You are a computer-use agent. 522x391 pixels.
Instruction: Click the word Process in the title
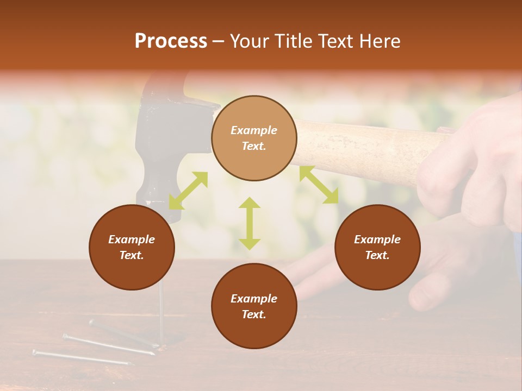171,41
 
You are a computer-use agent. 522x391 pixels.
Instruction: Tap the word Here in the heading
378,41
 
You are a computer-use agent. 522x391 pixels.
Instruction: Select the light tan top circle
254,138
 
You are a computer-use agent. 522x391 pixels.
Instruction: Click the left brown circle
132,247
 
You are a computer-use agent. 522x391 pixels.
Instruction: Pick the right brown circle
377,247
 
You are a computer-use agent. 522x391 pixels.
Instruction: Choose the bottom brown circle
254,306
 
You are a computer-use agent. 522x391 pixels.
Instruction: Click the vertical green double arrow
250,223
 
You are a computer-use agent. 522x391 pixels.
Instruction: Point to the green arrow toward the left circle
188,191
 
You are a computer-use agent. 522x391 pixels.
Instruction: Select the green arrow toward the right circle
319,185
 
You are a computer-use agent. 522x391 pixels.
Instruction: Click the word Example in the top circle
254,130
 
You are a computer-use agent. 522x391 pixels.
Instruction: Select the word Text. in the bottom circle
254,314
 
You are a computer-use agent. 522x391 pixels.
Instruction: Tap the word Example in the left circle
132,239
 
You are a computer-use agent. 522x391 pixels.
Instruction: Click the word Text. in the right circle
377,255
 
